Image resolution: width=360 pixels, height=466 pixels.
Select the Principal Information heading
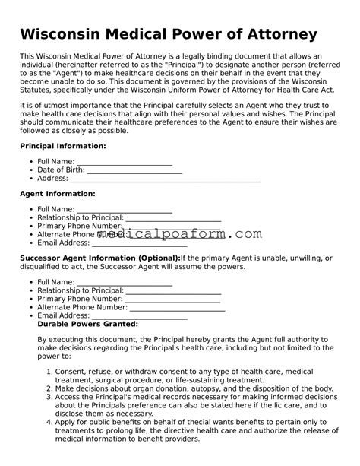pos(62,145)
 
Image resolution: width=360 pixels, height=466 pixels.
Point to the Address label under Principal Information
pos(52,179)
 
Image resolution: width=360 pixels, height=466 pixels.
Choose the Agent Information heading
pos(57,194)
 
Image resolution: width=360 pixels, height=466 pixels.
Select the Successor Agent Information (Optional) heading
pos(99,258)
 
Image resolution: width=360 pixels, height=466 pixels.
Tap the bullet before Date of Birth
pos(31,170)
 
